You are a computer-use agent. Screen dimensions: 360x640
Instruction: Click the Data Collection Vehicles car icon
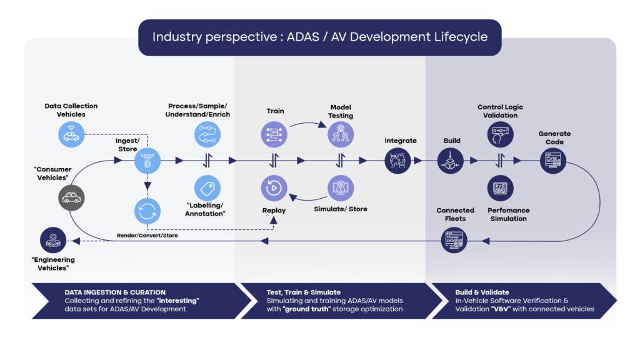click(71, 134)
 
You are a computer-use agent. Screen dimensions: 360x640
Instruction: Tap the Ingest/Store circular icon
click(147, 161)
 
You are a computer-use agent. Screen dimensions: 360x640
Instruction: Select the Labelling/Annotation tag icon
click(206, 187)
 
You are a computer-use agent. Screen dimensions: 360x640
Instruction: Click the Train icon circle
click(274, 134)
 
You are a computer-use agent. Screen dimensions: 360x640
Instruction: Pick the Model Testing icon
click(341, 134)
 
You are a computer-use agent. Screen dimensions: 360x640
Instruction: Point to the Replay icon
click(274, 187)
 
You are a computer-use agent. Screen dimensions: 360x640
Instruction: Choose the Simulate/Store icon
click(341, 187)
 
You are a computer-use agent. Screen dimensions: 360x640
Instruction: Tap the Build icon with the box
click(451, 161)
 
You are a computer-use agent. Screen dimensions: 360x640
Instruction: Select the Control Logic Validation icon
click(500, 134)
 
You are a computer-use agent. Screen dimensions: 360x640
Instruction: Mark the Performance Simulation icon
click(500, 187)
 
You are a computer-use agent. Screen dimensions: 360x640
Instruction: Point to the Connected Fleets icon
click(454, 240)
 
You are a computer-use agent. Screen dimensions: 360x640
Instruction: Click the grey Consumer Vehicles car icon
click(71, 198)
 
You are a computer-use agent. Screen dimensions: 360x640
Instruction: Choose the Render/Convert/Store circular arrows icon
click(147, 211)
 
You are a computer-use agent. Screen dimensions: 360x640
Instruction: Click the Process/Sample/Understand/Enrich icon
click(206, 134)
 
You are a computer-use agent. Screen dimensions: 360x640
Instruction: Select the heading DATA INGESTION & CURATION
click(115, 292)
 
